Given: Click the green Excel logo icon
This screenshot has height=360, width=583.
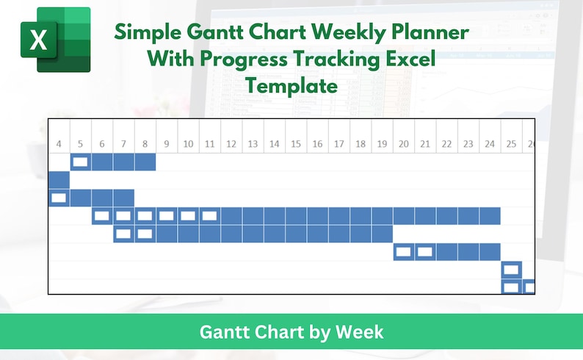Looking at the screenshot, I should coord(55,39).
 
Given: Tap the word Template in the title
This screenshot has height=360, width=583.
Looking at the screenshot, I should coord(292,86).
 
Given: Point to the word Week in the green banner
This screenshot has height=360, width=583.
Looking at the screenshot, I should coord(359,332).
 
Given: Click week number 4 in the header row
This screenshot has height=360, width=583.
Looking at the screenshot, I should coord(59,144).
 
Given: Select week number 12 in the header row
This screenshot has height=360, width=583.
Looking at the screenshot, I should coord(231,144).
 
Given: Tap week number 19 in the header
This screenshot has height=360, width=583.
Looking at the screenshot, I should coord(381,144).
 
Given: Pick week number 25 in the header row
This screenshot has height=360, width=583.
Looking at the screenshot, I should coord(511,144).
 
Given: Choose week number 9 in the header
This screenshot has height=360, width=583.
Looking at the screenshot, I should coord(167,144).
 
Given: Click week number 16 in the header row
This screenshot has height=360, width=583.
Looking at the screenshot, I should coord(316,144).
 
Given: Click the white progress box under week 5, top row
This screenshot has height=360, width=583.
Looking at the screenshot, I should coord(81,162).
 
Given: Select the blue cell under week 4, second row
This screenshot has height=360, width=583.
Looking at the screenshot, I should coord(59,179).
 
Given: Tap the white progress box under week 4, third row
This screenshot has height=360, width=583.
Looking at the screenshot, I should coord(59,198).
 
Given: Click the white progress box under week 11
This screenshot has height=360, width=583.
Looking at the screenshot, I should coord(209,216).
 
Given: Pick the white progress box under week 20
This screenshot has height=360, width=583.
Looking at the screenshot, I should coord(403,252).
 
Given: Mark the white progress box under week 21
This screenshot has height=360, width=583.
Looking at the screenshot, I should coord(424,252).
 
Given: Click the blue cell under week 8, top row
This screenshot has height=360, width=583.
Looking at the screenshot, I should coord(145,162).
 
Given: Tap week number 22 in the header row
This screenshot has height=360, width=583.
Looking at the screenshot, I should coord(446,144).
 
